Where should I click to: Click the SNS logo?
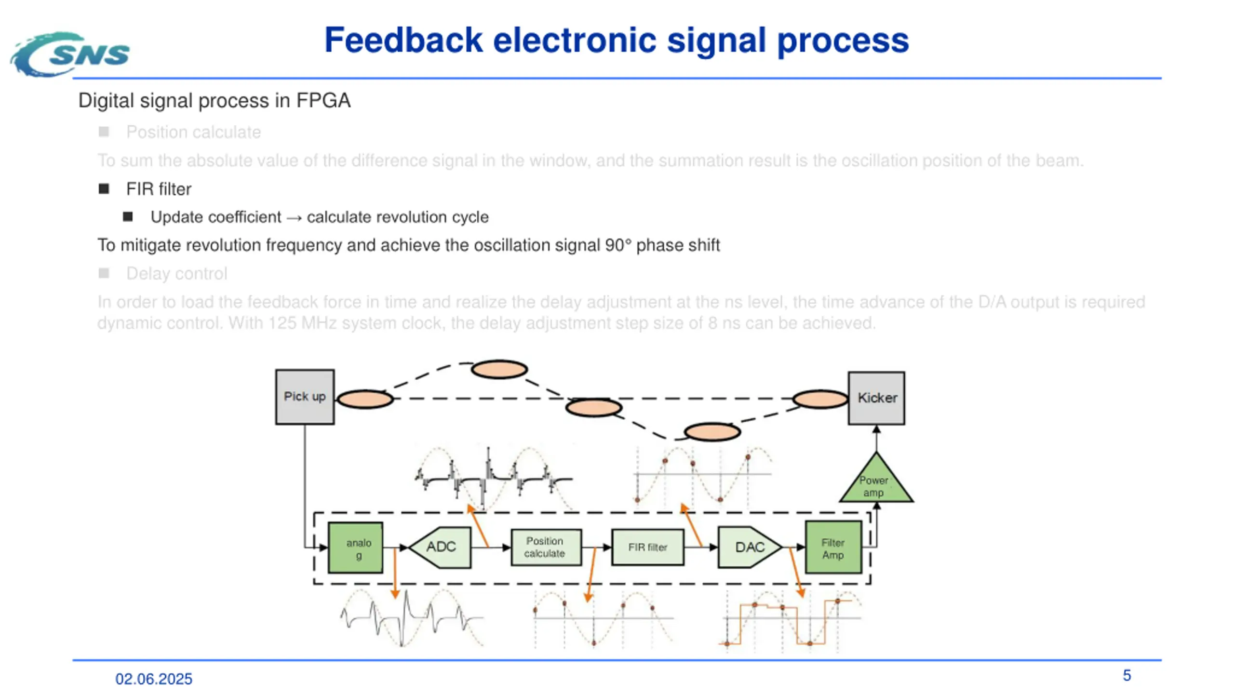[70, 54]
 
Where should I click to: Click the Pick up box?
[305, 397]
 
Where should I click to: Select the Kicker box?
[876, 398]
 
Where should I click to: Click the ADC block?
[440, 547]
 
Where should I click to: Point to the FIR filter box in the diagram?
[648, 547]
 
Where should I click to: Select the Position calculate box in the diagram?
[546, 547]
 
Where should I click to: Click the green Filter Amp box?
[833, 547]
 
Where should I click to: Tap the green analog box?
[356, 547]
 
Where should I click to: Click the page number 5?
[1127, 675]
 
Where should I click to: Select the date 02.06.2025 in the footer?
[154, 679]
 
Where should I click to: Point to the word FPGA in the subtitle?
[323, 101]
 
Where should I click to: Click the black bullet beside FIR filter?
[104, 188]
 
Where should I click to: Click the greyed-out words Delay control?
[176, 274]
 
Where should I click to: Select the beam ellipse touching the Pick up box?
[365, 400]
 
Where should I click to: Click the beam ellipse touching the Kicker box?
[820, 399]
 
